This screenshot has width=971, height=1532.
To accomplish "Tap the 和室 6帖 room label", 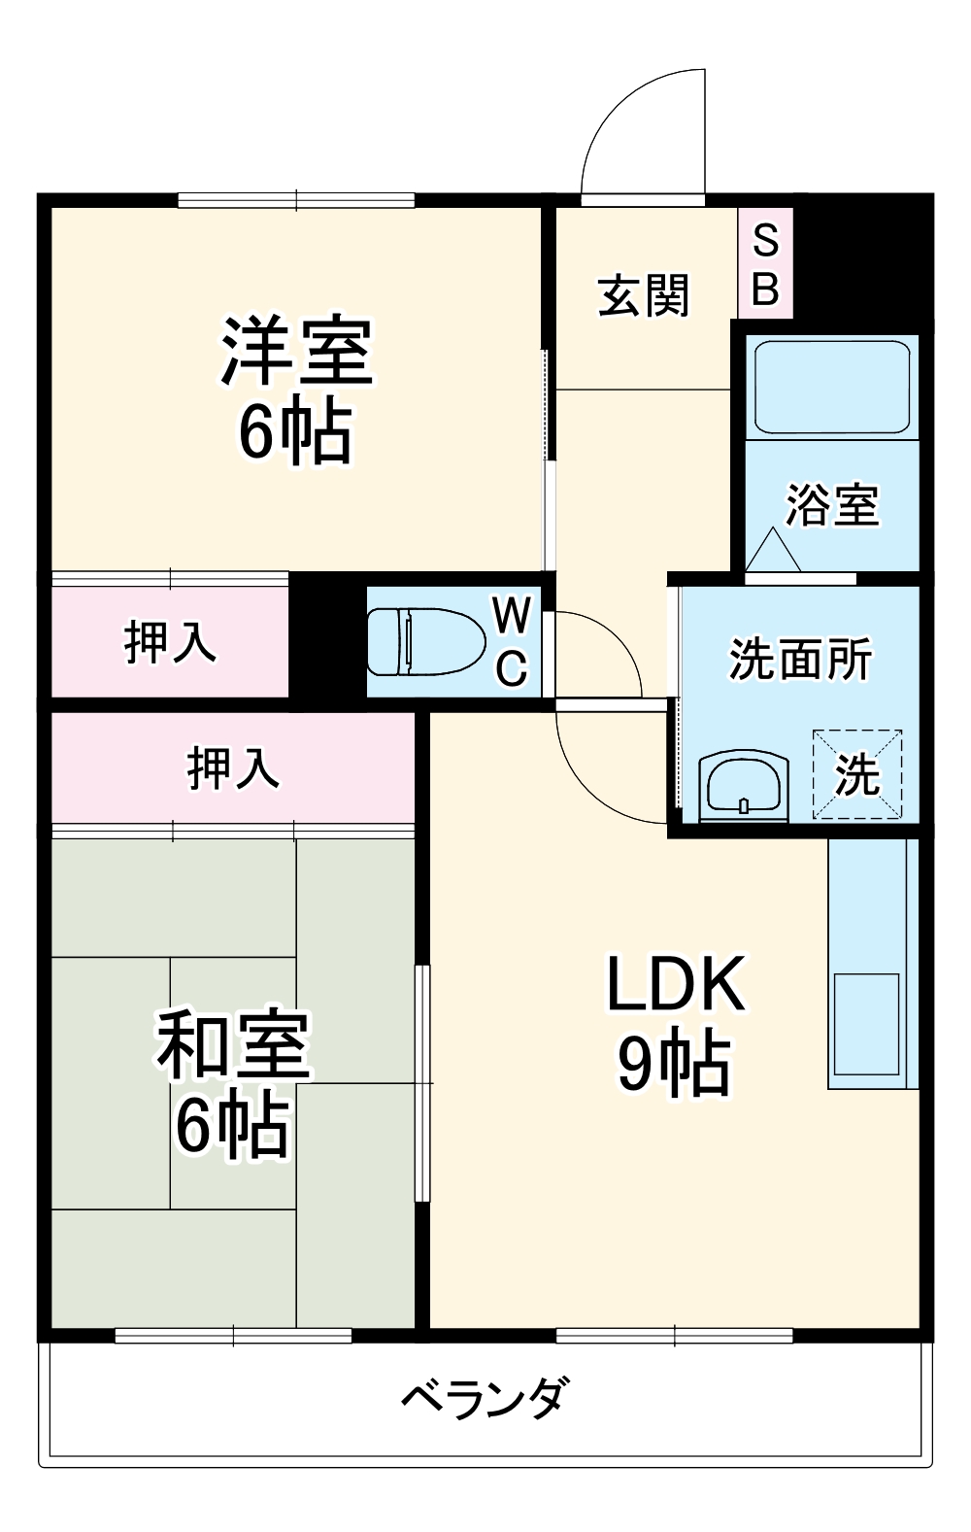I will tap(233, 1083).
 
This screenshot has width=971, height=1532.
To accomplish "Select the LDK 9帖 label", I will tap(676, 1023).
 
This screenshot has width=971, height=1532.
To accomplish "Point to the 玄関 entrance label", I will tap(643, 295).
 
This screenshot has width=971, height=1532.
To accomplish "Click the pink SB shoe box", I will tap(765, 263).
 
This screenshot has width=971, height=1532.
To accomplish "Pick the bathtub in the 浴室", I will tap(832, 387).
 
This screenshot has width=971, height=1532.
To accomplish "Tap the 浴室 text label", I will tap(832, 505).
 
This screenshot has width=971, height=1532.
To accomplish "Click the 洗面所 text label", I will tap(800, 659).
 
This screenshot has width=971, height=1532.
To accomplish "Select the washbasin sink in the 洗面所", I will tap(744, 783).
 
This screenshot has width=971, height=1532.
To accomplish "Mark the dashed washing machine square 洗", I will tap(857, 774).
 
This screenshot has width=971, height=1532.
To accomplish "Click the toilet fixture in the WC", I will tap(425, 641).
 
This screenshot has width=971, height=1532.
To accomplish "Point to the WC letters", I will tap(512, 641).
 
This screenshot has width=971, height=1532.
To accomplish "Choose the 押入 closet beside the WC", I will tap(170, 642).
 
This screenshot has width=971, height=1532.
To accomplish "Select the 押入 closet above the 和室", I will tap(233, 767).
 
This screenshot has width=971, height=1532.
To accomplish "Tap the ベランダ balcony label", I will tap(484, 1399).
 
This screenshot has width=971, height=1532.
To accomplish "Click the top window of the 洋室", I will tap(296, 201).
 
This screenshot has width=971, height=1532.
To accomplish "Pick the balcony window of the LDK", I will tap(674, 1336).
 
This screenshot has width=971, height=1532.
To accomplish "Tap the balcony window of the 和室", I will tap(233, 1336).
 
